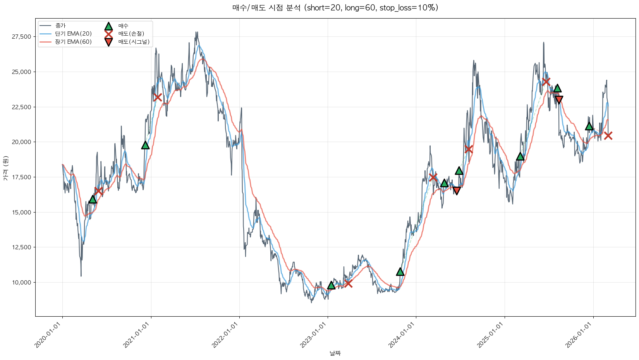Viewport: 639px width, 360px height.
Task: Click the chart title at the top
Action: click(335, 8)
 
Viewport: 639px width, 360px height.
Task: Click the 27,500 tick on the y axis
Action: click(22, 37)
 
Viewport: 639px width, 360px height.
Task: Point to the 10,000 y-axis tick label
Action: click(22, 283)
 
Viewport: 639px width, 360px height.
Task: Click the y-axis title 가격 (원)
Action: click(5, 168)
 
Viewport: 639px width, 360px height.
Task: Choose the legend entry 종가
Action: click(60, 26)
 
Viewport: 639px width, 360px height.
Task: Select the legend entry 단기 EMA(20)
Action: click(73, 34)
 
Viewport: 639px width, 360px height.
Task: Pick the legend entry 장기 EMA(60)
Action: click(73, 42)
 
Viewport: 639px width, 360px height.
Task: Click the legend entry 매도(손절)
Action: click(131, 34)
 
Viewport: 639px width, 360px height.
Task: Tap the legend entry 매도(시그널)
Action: click(134, 42)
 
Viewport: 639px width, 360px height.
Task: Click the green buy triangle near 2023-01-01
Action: click(331, 285)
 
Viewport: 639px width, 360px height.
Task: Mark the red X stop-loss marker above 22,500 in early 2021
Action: click(157, 97)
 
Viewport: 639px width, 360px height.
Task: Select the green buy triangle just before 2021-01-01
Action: click(145, 145)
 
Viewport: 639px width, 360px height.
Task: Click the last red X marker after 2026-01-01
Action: click(608, 135)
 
